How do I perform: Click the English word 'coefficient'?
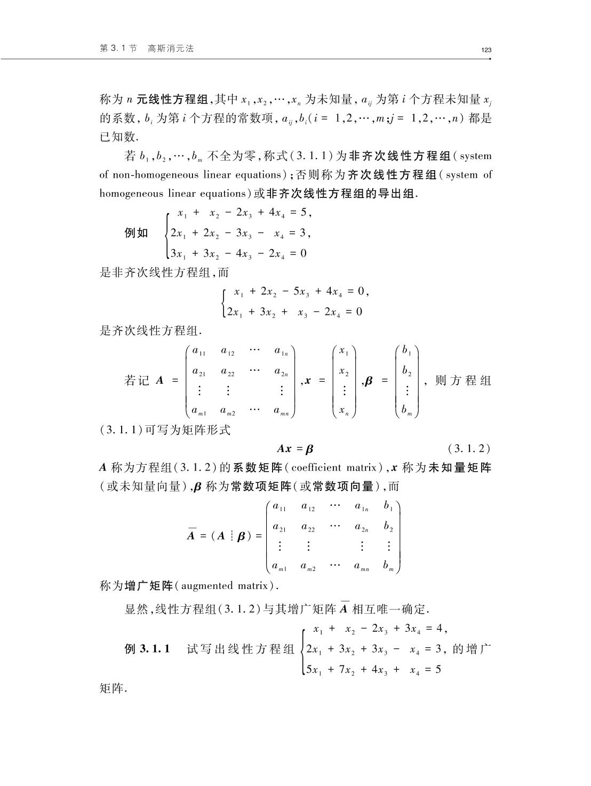pos(316,468)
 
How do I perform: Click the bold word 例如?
pos(136,233)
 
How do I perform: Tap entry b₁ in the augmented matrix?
pos(388,506)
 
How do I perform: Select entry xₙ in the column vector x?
pos(344,410)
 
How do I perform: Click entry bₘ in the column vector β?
pos(407,410)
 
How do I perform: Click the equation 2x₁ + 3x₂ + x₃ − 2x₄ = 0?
pos(294,312)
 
